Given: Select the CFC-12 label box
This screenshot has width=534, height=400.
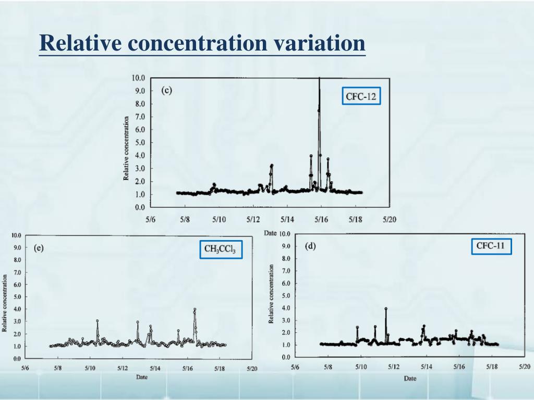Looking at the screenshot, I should pyautogui.click(x=361, y=96).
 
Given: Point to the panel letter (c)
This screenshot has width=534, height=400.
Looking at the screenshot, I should pyautogui.click(x=166, y=90).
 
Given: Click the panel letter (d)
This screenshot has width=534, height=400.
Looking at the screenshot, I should pyautogui.click(x=310, y=246).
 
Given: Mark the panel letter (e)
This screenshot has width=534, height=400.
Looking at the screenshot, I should pyautogui.click(x=39, y=248).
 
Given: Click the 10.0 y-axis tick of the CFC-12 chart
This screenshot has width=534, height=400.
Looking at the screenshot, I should pyautogui.click(x=138, y=78).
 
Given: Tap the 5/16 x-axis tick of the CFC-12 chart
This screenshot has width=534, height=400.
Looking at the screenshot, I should pyautogui.click(x=321, y=220).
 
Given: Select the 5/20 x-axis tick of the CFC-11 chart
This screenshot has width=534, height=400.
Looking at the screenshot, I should pyautogui.click(x=525, y=367).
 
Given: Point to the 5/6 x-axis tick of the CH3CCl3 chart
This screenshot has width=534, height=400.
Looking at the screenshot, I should pyautogui.click(x=26, y=369).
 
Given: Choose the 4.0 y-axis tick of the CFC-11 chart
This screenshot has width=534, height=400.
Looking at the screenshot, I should pyautogui.click(x=286, y=308).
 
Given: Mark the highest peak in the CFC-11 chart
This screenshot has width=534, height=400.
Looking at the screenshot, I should pyautogui.click(x=386, y=308).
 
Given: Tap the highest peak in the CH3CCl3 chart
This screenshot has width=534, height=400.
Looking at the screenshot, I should pyautogui.click(x=195, y=309).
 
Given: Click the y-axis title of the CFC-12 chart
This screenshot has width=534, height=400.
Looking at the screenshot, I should pyautogui.click(x=126, y=148).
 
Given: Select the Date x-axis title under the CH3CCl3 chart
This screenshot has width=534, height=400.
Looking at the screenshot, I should pyautogui.click(x=141, y=377).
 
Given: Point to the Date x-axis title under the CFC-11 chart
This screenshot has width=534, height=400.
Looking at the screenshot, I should pyautogui.click(x=410, y=378).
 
